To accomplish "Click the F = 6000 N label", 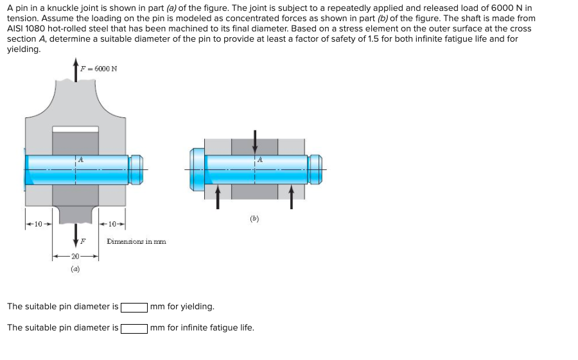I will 98,69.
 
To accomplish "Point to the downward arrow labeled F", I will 76,234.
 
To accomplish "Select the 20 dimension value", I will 76,256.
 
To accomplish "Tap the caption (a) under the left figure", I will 75,270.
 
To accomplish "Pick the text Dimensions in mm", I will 136,242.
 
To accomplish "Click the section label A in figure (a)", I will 80,159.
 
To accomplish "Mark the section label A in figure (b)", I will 260,159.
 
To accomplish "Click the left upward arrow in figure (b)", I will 218,196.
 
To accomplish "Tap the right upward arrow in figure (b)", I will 292,196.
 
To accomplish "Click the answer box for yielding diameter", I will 134,307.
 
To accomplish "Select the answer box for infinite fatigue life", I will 134,328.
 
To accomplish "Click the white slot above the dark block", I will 75,129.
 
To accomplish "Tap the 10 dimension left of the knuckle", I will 38,224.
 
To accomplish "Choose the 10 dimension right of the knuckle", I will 112,224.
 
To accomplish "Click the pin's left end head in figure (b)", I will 197,169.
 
